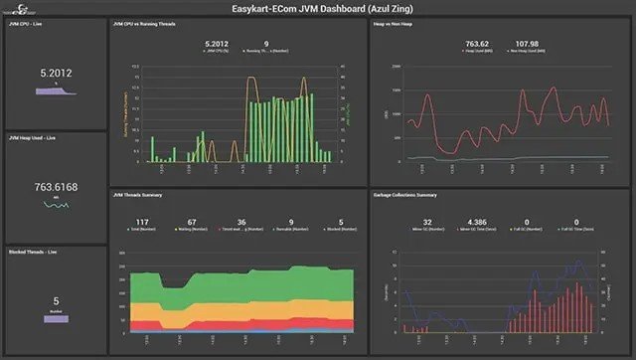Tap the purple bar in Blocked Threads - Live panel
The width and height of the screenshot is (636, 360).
(x=55, y=318)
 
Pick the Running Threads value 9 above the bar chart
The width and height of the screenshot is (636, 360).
(x=265, y=44)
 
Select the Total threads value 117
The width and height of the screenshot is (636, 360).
(x=142, y=222)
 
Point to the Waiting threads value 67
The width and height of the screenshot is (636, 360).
(x=192, y=222)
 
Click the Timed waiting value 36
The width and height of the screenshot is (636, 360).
(x=240, y=222)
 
